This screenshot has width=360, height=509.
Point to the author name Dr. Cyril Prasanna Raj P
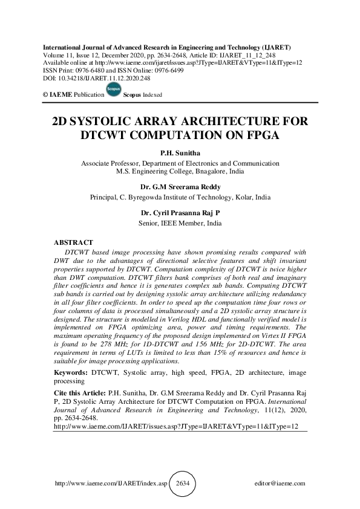180,213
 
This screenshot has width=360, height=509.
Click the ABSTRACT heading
74,242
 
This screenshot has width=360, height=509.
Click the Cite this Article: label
79,392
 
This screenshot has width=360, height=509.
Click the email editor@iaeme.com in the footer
281,484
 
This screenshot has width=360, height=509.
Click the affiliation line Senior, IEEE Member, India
180,223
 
